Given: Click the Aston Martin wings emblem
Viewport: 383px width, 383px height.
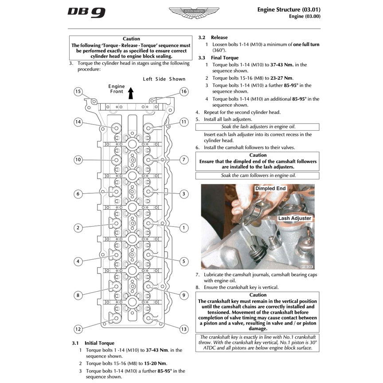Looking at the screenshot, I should [194, 12].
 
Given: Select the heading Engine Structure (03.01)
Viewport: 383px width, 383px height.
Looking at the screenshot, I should [289, 9].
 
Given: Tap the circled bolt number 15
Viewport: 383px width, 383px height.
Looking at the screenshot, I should [78, 92].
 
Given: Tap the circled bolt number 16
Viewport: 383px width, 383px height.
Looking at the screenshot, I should [184, 92].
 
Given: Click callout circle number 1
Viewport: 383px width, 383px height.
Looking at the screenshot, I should [183, 227].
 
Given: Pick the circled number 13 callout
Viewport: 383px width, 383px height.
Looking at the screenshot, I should [183, 329].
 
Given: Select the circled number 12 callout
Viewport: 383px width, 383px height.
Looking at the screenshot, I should [78, 329].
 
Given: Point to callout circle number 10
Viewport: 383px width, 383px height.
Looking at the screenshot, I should [78, 159].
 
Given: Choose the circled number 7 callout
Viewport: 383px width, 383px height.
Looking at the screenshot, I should [183, 159].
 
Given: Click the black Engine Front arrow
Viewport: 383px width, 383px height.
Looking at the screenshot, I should [131, 93].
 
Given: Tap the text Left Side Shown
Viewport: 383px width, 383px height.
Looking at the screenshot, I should [164, 79].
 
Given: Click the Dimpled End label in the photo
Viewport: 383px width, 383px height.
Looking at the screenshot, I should [270, 189].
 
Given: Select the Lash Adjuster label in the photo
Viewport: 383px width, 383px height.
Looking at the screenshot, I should [294, 218].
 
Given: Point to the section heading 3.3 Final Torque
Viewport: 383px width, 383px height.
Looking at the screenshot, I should [218, 58].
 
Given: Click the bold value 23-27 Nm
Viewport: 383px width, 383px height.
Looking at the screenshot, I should [282, 78].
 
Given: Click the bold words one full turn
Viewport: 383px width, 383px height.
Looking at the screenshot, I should [306, 44].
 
